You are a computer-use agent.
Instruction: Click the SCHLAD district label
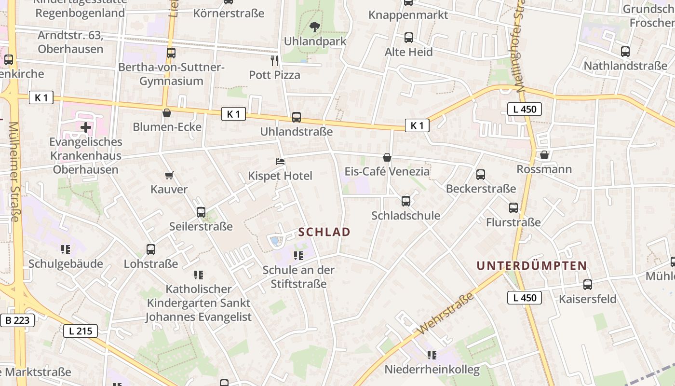point(324,232)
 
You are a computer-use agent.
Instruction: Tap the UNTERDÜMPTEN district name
point(531,265)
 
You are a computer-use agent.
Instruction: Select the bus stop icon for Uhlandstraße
point(296,117)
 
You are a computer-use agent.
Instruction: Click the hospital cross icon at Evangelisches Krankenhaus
point(86,127)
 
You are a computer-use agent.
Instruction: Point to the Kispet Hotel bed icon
point(280,162)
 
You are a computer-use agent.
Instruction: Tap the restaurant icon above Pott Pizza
point(274,61)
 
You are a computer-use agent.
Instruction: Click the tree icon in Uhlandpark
point(315,27)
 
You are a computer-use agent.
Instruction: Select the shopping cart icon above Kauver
point(169,175)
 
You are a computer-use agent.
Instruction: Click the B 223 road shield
point(17,320)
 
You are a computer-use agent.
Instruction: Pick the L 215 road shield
point(81,331)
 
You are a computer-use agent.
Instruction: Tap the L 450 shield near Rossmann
point(525,109)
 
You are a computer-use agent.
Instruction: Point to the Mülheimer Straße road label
point(13,171)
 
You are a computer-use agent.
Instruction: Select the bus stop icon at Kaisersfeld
point(587,285)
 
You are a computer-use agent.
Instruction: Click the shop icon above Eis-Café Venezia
point(387,157)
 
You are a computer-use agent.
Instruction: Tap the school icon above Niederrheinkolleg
point(432,356)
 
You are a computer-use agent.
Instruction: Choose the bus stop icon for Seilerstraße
point(201,212)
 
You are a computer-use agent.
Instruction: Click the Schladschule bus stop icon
point(405,201)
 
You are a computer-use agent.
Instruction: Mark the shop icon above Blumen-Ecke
point(167,113)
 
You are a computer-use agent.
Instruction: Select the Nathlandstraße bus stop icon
point(625,52)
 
